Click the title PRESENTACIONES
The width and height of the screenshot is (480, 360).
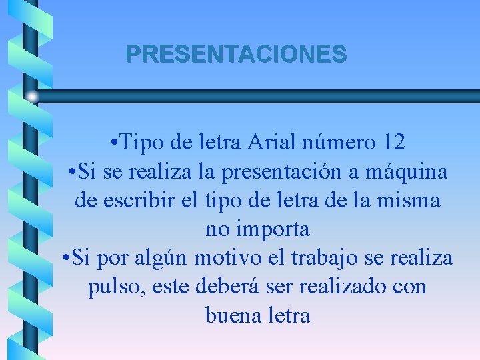pyautogui.click(x=236, y=54)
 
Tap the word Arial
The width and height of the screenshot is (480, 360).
pyautogui.click(x=272, y=142)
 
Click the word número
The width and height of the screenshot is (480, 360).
pyautogui.click(x=337, y=142)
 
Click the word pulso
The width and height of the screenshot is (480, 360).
pyautogui.click(x=112, y=287)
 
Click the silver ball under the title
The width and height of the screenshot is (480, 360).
pyautogui.click(x=31, y=97)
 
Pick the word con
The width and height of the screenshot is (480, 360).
pyautogui.click(x=409, y=287)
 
